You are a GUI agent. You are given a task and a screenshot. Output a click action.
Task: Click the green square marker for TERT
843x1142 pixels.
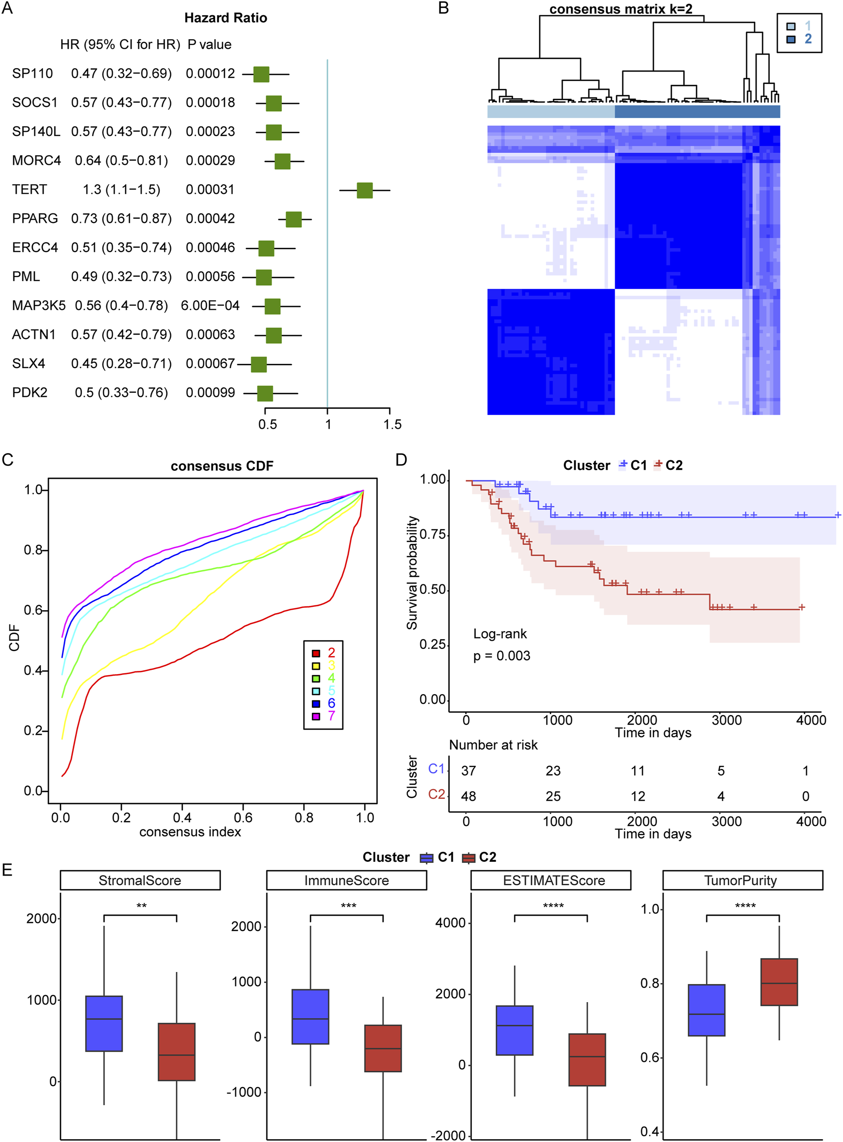click(x=364, y=190)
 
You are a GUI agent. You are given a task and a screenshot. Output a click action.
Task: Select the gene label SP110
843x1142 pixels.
click(x=32, y=74)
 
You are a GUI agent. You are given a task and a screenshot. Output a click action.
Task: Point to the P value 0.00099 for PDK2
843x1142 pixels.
click(x=210, y=392)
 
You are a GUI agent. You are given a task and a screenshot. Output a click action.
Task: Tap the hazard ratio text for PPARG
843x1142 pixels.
click(x=121, y=218)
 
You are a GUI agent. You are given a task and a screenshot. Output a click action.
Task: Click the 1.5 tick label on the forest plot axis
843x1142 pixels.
click(x=392, y=424)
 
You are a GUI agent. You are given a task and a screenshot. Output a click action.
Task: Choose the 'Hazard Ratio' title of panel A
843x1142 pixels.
click(x=225, y=18)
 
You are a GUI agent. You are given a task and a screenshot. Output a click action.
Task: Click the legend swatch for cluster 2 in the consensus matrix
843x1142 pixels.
click(x=791, y=39)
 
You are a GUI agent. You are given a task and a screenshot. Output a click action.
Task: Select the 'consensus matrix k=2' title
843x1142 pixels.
click(x=620, y=9)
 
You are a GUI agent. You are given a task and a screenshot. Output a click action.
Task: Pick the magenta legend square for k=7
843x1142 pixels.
click(x=316, y=716)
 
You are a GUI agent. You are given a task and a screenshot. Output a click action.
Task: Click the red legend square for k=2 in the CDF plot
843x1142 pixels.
click(x=316, y=653)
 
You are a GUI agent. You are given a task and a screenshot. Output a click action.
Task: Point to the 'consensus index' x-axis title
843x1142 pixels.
click(x=190, y=832)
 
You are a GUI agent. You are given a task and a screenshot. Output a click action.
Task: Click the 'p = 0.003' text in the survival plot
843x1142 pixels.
click(x=502, y=656)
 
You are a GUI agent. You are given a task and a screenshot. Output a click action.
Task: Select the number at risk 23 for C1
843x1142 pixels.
click(x=553, y=771)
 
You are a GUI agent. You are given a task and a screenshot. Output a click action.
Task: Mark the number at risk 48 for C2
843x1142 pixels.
click(x=468, y=796)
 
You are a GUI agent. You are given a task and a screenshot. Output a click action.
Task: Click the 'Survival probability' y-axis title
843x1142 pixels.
click(x=412, y=572)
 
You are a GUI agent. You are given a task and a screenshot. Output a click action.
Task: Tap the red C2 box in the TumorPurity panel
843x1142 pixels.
click(x=779, y=982)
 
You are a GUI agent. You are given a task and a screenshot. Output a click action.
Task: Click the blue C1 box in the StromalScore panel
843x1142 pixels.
click(x=104, y=1023)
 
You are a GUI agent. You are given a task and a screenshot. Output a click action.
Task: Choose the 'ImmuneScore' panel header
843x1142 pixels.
click(x=346, y=880)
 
